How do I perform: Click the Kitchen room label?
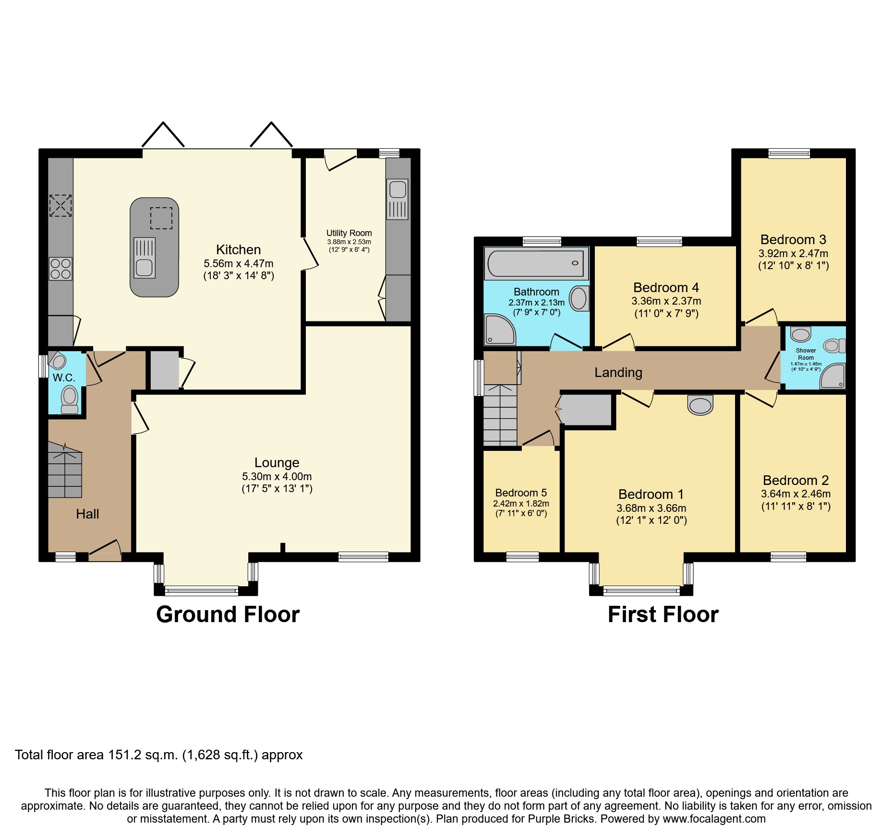pos(238,249)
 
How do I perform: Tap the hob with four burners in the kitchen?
pos(60,269)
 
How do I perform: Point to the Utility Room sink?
pos(398,190)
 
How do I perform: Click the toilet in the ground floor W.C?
pos(70,398)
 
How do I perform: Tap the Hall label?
pos(87,514)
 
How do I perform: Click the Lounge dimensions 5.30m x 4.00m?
pos(277,476)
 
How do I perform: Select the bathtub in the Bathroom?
pos(536,263)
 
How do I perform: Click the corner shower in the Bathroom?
pos(499,330)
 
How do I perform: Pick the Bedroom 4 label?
pos(666,287)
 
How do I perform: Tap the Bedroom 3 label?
pos(793,239)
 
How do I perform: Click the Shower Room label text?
pos(806,354)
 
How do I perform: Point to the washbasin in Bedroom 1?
pos(700,405)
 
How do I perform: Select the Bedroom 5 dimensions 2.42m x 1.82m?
pos(521,504)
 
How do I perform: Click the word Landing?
pos(618,372)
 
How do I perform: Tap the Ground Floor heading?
pos(228,614)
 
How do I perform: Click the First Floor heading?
pos(663,614)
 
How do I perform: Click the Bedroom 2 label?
pos(796,480)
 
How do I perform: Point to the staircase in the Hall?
pos(65,472)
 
